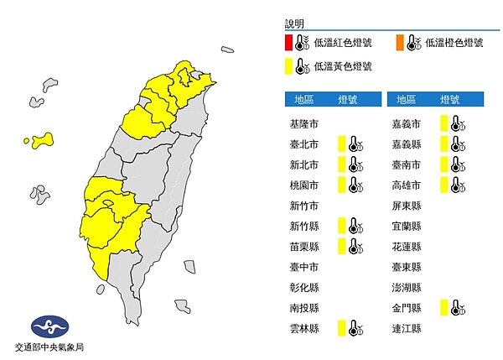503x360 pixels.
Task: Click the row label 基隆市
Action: (303, 123)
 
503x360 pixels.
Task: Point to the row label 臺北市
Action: (303, 143)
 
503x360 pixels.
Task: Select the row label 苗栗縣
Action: (303, 246)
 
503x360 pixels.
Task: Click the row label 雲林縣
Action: (303, 327)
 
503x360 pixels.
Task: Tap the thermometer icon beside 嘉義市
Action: (456, 123)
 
